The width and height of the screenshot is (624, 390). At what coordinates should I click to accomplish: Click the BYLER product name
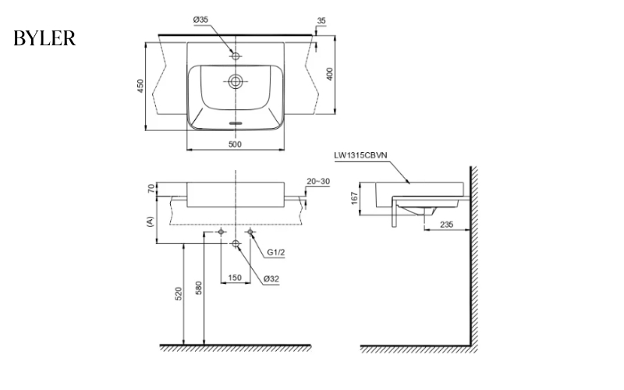coord(44,38)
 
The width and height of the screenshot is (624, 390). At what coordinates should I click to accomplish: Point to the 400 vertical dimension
coord(330,75)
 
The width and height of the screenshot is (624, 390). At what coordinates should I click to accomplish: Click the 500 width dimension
coord(234,144)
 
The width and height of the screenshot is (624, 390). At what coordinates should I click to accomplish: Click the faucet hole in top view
coord(235,56)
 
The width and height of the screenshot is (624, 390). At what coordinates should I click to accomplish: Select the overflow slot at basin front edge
coord(235,122)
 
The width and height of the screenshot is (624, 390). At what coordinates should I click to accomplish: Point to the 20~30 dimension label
coord(318,180)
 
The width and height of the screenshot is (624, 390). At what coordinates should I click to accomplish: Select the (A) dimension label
coord(150,222)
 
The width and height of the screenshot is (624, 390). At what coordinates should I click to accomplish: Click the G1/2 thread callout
coord(275,253)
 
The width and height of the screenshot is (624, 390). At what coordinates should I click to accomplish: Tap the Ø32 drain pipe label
coord(271,278)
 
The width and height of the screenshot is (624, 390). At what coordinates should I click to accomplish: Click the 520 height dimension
coord(179,293)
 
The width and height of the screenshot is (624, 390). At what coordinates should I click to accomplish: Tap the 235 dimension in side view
coord(445,224)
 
